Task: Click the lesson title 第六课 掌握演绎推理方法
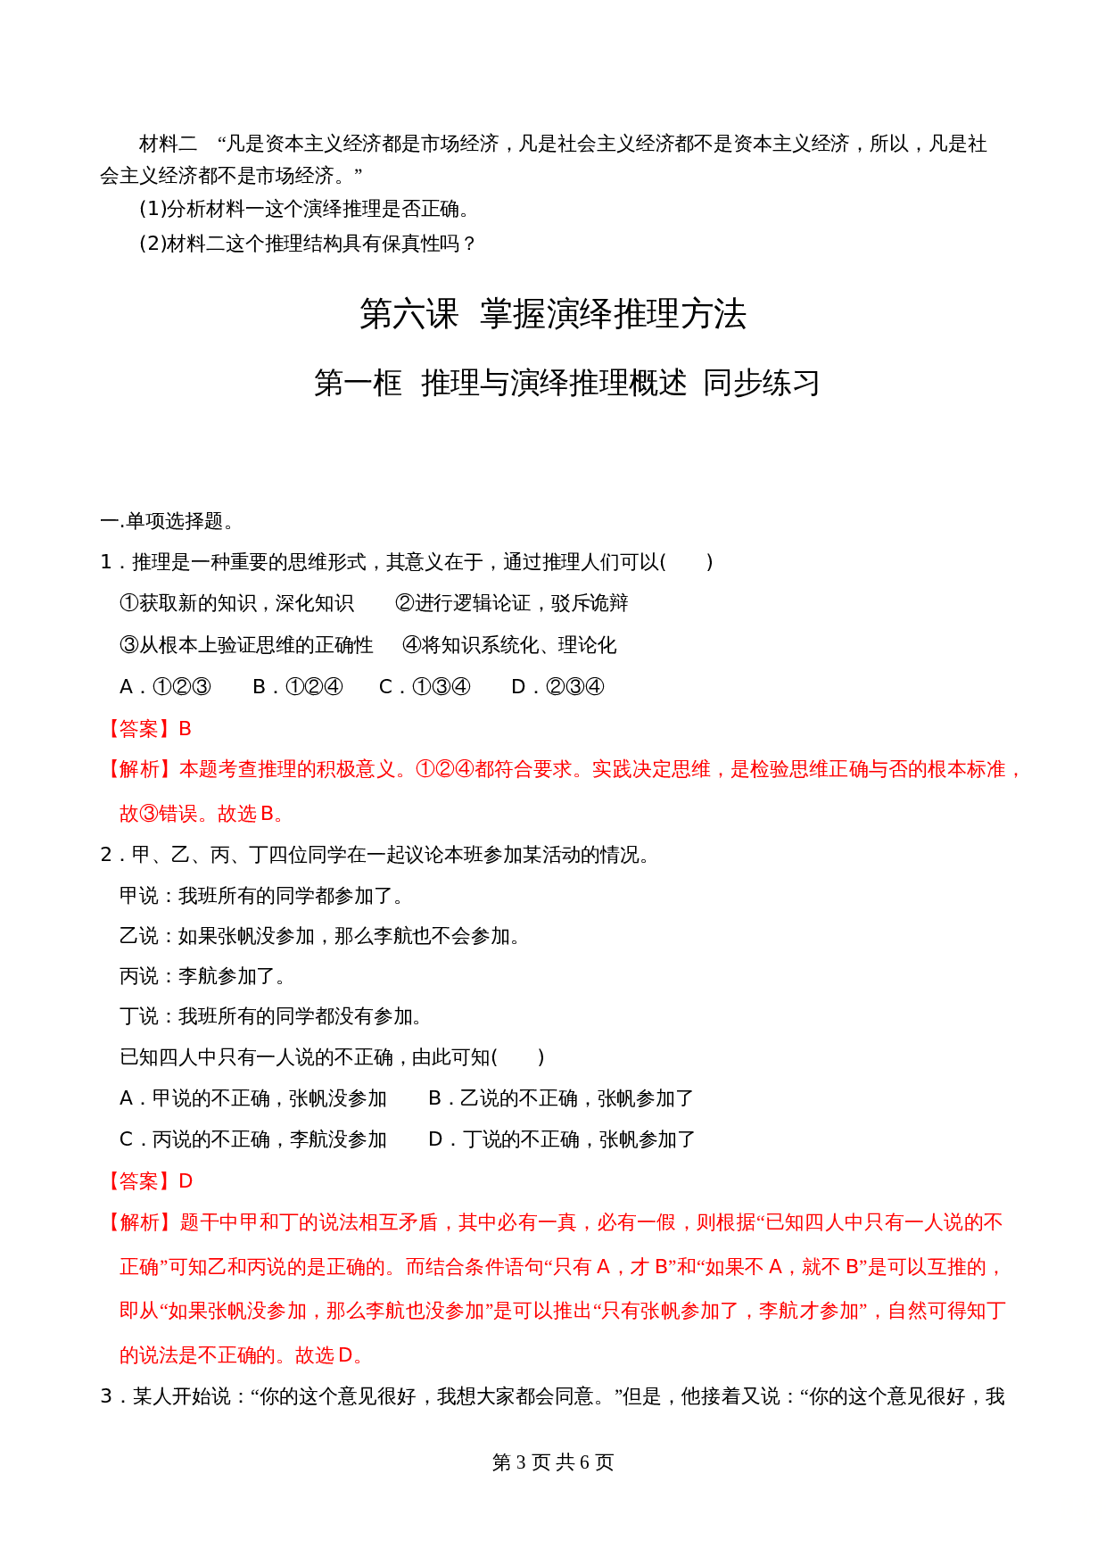pyautogui.click(x=552, y=314)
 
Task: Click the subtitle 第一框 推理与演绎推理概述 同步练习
pyautogui.click(x=566, y=383)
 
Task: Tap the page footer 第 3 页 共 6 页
pyautogui.click(x=552, y=1462)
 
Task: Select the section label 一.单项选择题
pyautogui.click(x=167, y=521)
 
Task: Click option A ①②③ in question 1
pyautogui.click(x=166, y=686)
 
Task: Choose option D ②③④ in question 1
pyautogui.click(x=557, y=686)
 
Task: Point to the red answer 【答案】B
pyautogui.click(x=147, y=729)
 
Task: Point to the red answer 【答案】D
pyautogui.click(x=147, y=1181)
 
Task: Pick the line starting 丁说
pyautogui.click(x=272, y=1016)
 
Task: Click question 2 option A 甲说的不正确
pyautogui.click(x=253, y=1098)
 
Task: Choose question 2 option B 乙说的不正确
pyautogui.click(x=561, y=1098)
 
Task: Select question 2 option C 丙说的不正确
pyautogui.click(x=253, y=1139)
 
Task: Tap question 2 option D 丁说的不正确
pyautogui.click(x=562, y=1139)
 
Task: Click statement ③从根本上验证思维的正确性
pyautogui.click(x=247, y=645)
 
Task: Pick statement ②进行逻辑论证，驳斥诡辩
pyautogui.click(x=512, y=603)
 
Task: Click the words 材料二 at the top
pyautogui.click(x=169, y=144)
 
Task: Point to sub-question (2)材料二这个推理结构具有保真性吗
pyautogui.click(x=309, y=243)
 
